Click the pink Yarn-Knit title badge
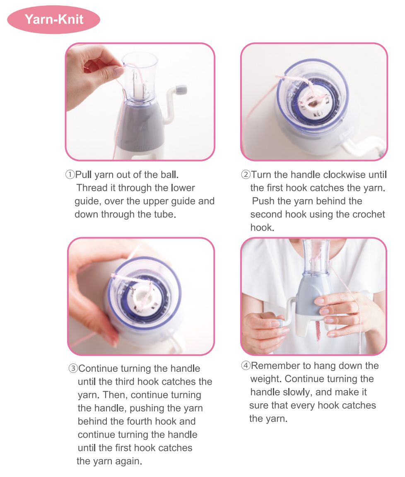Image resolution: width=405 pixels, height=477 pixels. pyautogui.click(x=53, y=19)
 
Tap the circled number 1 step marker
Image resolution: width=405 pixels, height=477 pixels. pyautogui.click(x=70, y=175)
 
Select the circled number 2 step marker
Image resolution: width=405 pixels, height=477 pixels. pyautogui.click(x=246, y=175)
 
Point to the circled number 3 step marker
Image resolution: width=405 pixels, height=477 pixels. pyautogui.click(x=73, y=369)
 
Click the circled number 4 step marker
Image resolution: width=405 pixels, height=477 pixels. pyautogui.click(x=246, y=365)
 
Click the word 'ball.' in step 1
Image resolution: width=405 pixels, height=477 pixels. pyautogui.click(x=169, y=175)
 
